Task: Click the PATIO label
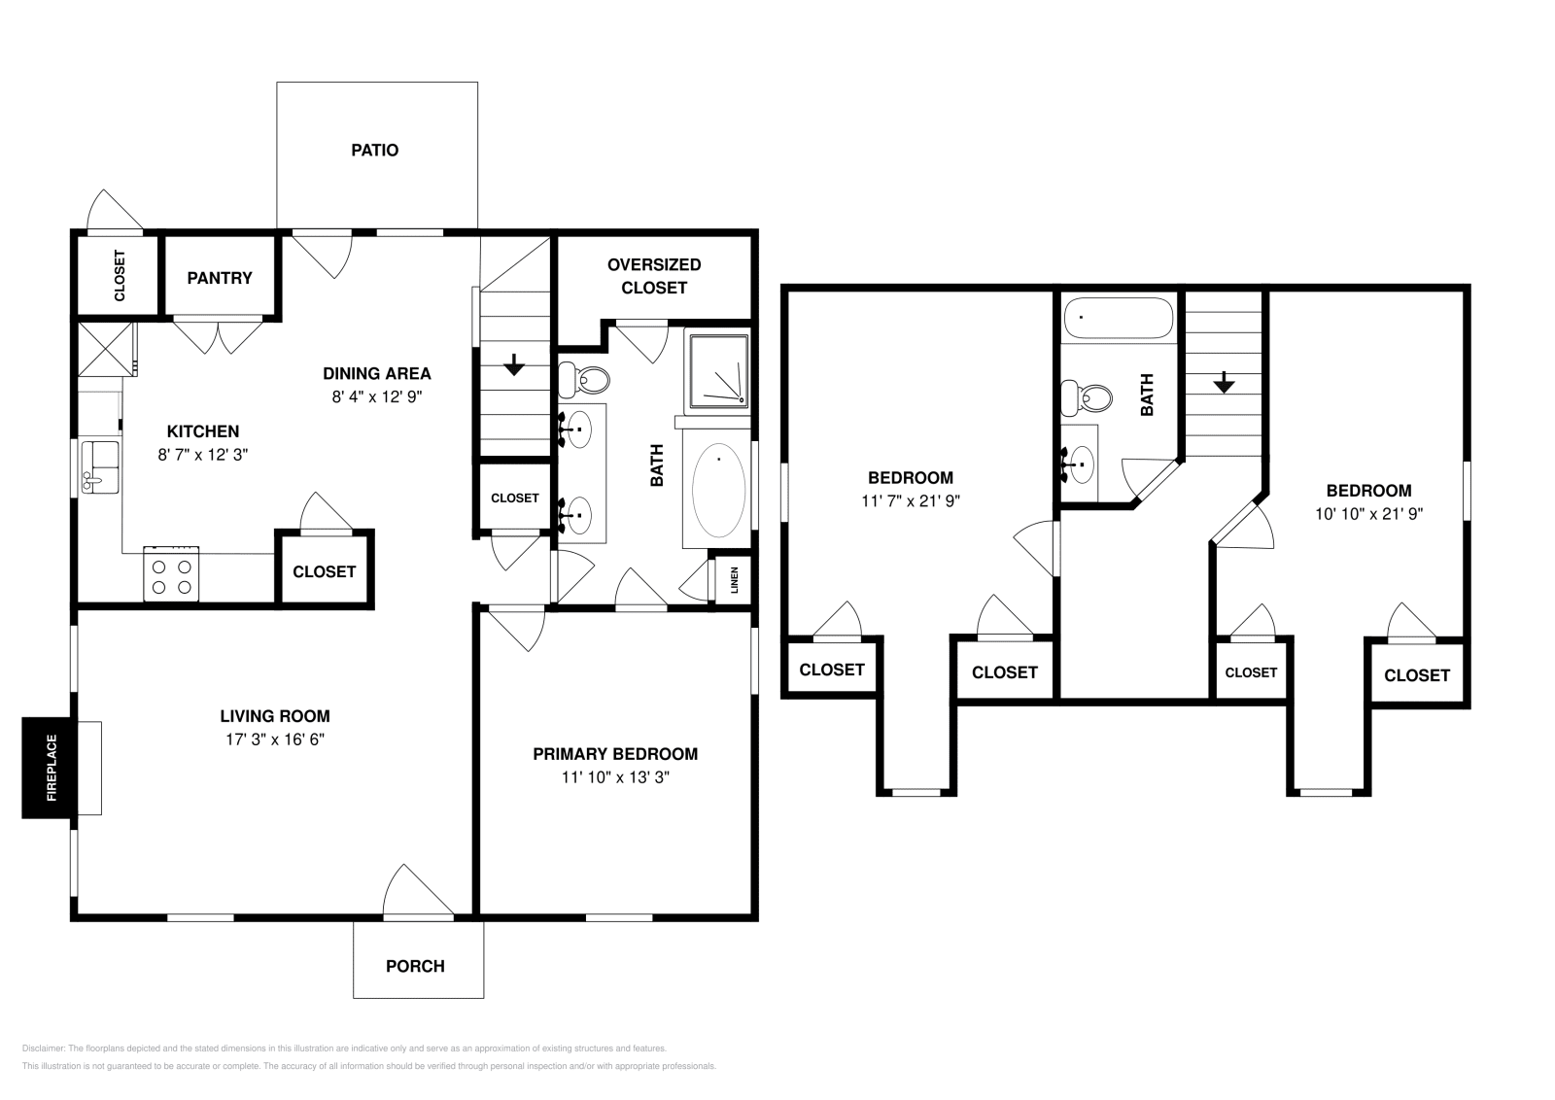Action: click(374, 151)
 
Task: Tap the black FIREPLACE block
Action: click(48, 768)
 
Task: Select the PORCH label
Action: click(415, 966)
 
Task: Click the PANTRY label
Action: click(220, 278)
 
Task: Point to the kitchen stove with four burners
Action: click(171, 574)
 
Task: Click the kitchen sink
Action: click(100, 466)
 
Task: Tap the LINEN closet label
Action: click(735, 580)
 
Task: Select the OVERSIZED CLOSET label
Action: click(654, 276)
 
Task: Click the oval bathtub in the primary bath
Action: click(718, 490)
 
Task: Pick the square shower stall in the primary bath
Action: click(718, 370)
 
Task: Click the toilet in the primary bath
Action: click(584, 380)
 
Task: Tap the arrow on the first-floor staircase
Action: click(514, 364)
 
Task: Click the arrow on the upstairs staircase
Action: click(1224, 383)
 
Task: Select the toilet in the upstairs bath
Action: click(1088, 398)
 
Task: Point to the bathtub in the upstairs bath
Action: click(1119, 318)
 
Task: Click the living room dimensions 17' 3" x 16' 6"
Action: click(275, 739)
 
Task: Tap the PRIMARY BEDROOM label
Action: click(615, 754)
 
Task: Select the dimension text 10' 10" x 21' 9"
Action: click(1369, 514)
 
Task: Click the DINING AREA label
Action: click(377, 373)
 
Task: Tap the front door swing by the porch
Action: click(418, 891)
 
